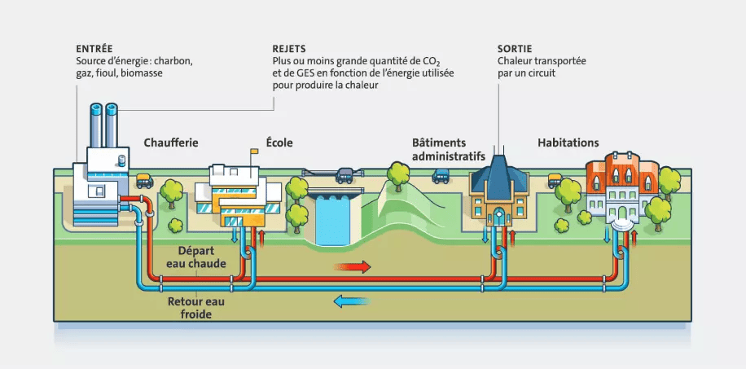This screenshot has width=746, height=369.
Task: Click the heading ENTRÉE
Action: (x=94, y=49)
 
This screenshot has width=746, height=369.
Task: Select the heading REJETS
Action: (x=289, y=49)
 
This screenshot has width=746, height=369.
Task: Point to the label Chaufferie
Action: (x=171, y=143)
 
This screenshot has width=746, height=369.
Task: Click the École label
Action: (x=279, y=143)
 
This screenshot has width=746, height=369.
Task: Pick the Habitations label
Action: (x=568, y=143)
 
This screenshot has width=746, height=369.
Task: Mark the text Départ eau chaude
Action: (x=202, y=257)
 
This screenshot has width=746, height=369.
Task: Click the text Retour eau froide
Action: (x=196, y=307)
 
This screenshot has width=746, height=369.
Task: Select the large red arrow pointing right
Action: (x=353, y=266)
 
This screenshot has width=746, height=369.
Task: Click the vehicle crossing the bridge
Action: (x=344, y=173)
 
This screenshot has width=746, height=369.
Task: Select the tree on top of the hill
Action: (x=398, y=174)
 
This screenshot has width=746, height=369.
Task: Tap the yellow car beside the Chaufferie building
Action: (x=144, y=181)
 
